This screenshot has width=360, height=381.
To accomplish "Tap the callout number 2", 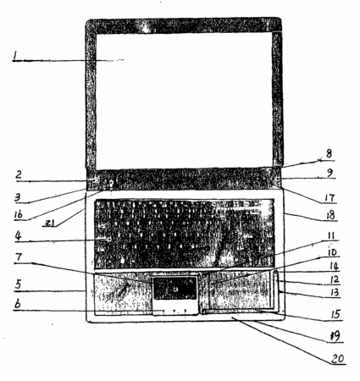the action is (19, 174).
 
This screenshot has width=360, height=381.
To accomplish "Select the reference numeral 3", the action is (18, 197).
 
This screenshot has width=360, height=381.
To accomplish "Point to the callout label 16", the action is (18, 214).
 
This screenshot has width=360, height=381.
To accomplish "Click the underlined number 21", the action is (50, 223).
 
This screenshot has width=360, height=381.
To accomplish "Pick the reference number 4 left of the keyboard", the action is (18, 235).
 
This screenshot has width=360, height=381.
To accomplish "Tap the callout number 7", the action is (19, 257).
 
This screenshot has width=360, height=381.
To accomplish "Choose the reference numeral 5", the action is (18, 284).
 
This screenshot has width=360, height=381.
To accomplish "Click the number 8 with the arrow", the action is (329, 154).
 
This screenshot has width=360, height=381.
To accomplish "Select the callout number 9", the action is (330, 173).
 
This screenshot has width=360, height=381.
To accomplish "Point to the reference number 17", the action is (330, 197).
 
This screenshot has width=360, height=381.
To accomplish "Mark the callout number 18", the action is (330, 215).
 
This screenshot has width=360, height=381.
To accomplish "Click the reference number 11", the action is (330, 235).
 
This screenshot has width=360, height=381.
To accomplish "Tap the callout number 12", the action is (334, 279).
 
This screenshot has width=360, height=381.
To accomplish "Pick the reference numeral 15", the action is (335, 314).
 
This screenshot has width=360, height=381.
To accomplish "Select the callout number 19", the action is (335, 336).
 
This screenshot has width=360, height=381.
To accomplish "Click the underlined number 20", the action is (338, 358).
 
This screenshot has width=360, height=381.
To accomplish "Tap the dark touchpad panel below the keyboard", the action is (174, 288).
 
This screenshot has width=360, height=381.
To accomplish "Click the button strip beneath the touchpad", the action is (175, 307).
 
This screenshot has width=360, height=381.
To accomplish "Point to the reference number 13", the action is (335, 292).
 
